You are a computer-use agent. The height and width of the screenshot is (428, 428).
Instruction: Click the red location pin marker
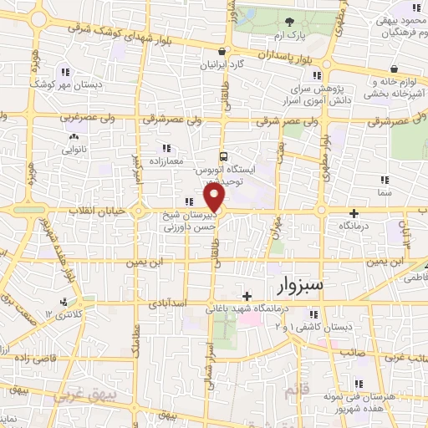point(215,197)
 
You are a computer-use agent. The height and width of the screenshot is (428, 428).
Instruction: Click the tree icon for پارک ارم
point(289,22)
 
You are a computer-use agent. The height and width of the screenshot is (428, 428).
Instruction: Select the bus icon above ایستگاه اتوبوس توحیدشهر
point(223,155)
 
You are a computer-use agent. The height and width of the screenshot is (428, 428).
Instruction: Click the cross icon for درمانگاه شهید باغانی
point(247,295)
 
